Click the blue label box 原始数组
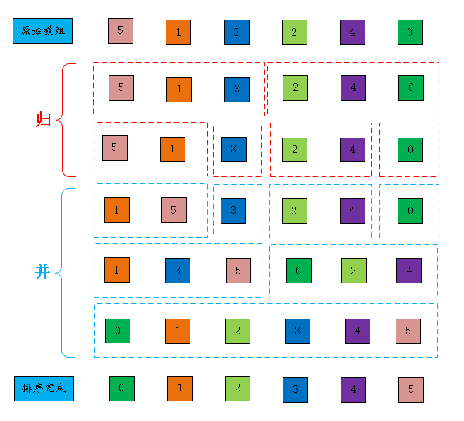pyautogui.click(x=43, y=32)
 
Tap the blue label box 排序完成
pyautogui.click(x=44, y=388)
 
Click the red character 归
pyautogui.click(x=43, y=119)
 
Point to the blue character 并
pyautogui.click(x=43, y=271)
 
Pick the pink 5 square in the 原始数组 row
pyautogui.click(x=121, y=30)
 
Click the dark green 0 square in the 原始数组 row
pyautogui.click(x=410, y=32)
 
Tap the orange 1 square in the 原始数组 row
pyautogui.click(x=178, y=32)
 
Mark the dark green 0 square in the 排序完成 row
pyautogui.click(x=121, y=388)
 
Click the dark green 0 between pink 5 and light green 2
pyautogui.click(x=299, y=271)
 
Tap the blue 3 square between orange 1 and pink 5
pyautogui.click(x=178, y=271)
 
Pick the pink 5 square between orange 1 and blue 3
pyautogui.click(x=173, y=210)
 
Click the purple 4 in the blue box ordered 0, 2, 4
pyautogui.click(x=409, y=271)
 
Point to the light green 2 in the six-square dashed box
pyautogui.click(x=238, y=331)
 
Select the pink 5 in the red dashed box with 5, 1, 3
pyautogui.click(x=121, y=87)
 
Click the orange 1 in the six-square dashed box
pyautogui.click(x=178, y=331)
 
